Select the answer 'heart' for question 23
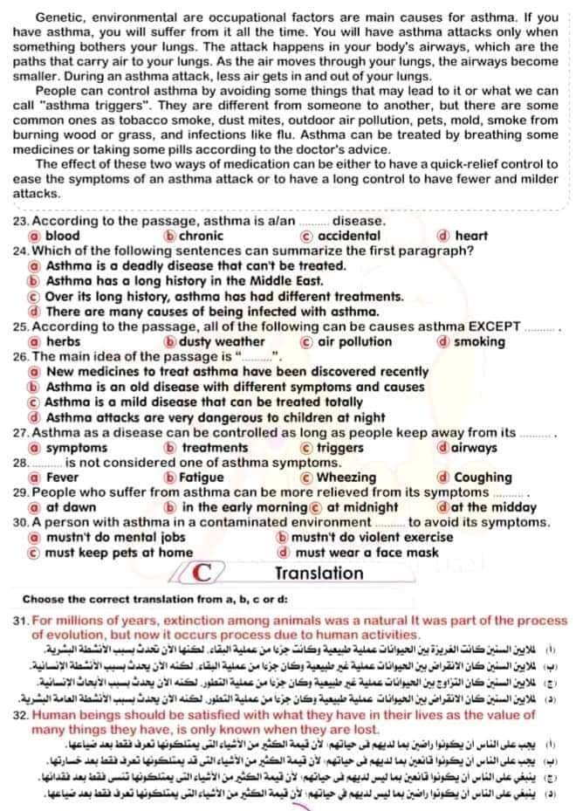tap(470, 235)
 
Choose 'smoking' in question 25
tap(479, 341)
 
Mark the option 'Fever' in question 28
tap(62, 478)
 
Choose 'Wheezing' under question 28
tap(346, 478)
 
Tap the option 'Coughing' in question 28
tap(482, 478)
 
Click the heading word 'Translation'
tap(319, 574)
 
